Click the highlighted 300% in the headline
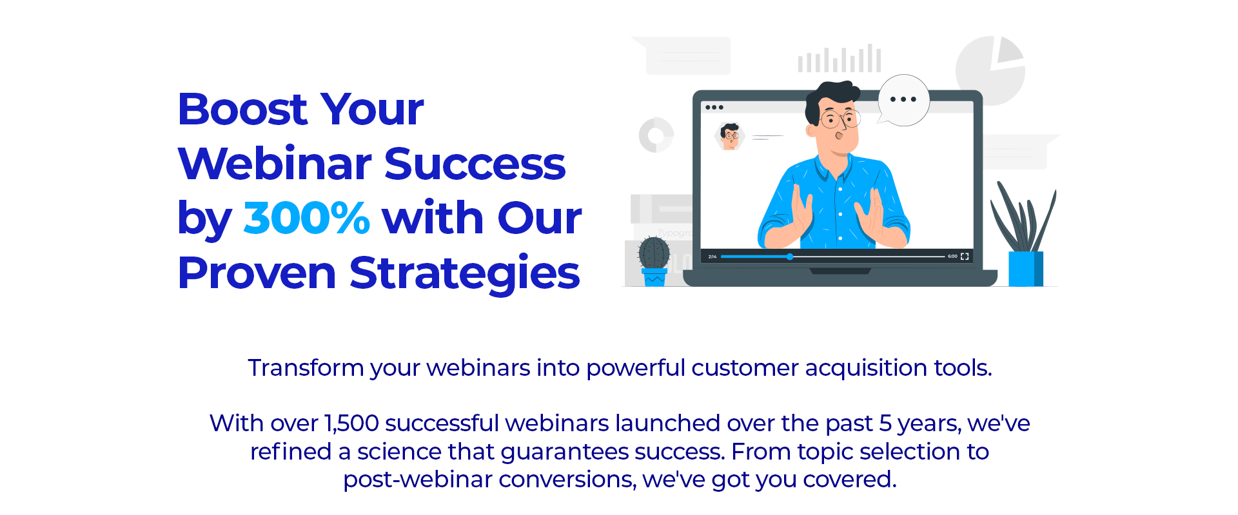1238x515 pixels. click(x=306, y=218)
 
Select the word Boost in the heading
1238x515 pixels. click(x=242, y=109)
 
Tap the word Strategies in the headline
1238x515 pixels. click(x=464, y=273)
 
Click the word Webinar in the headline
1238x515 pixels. click(x=274, y=164)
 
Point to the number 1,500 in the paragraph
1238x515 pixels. click(x=351, y=423)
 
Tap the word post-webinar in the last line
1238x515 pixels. click(x=418, y=480)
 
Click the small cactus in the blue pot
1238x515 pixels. click(x=654, y=261)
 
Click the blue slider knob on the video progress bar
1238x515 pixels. click(x=790, y=257)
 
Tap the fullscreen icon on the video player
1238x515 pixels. click(x=965, y=257)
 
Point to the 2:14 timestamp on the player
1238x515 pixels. click(x=712, y=257)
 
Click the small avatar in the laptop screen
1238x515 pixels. click(x=730, y=137)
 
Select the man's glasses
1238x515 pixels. click(x=840, y=119)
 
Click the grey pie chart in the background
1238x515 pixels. click(x=990, y=70)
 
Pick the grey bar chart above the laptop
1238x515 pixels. click(x=840, y=59)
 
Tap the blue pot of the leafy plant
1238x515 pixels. click(x=1026, y=269)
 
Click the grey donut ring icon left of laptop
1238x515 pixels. click(x=656, y=135)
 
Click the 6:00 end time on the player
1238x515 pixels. click(x=952, y=257)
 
